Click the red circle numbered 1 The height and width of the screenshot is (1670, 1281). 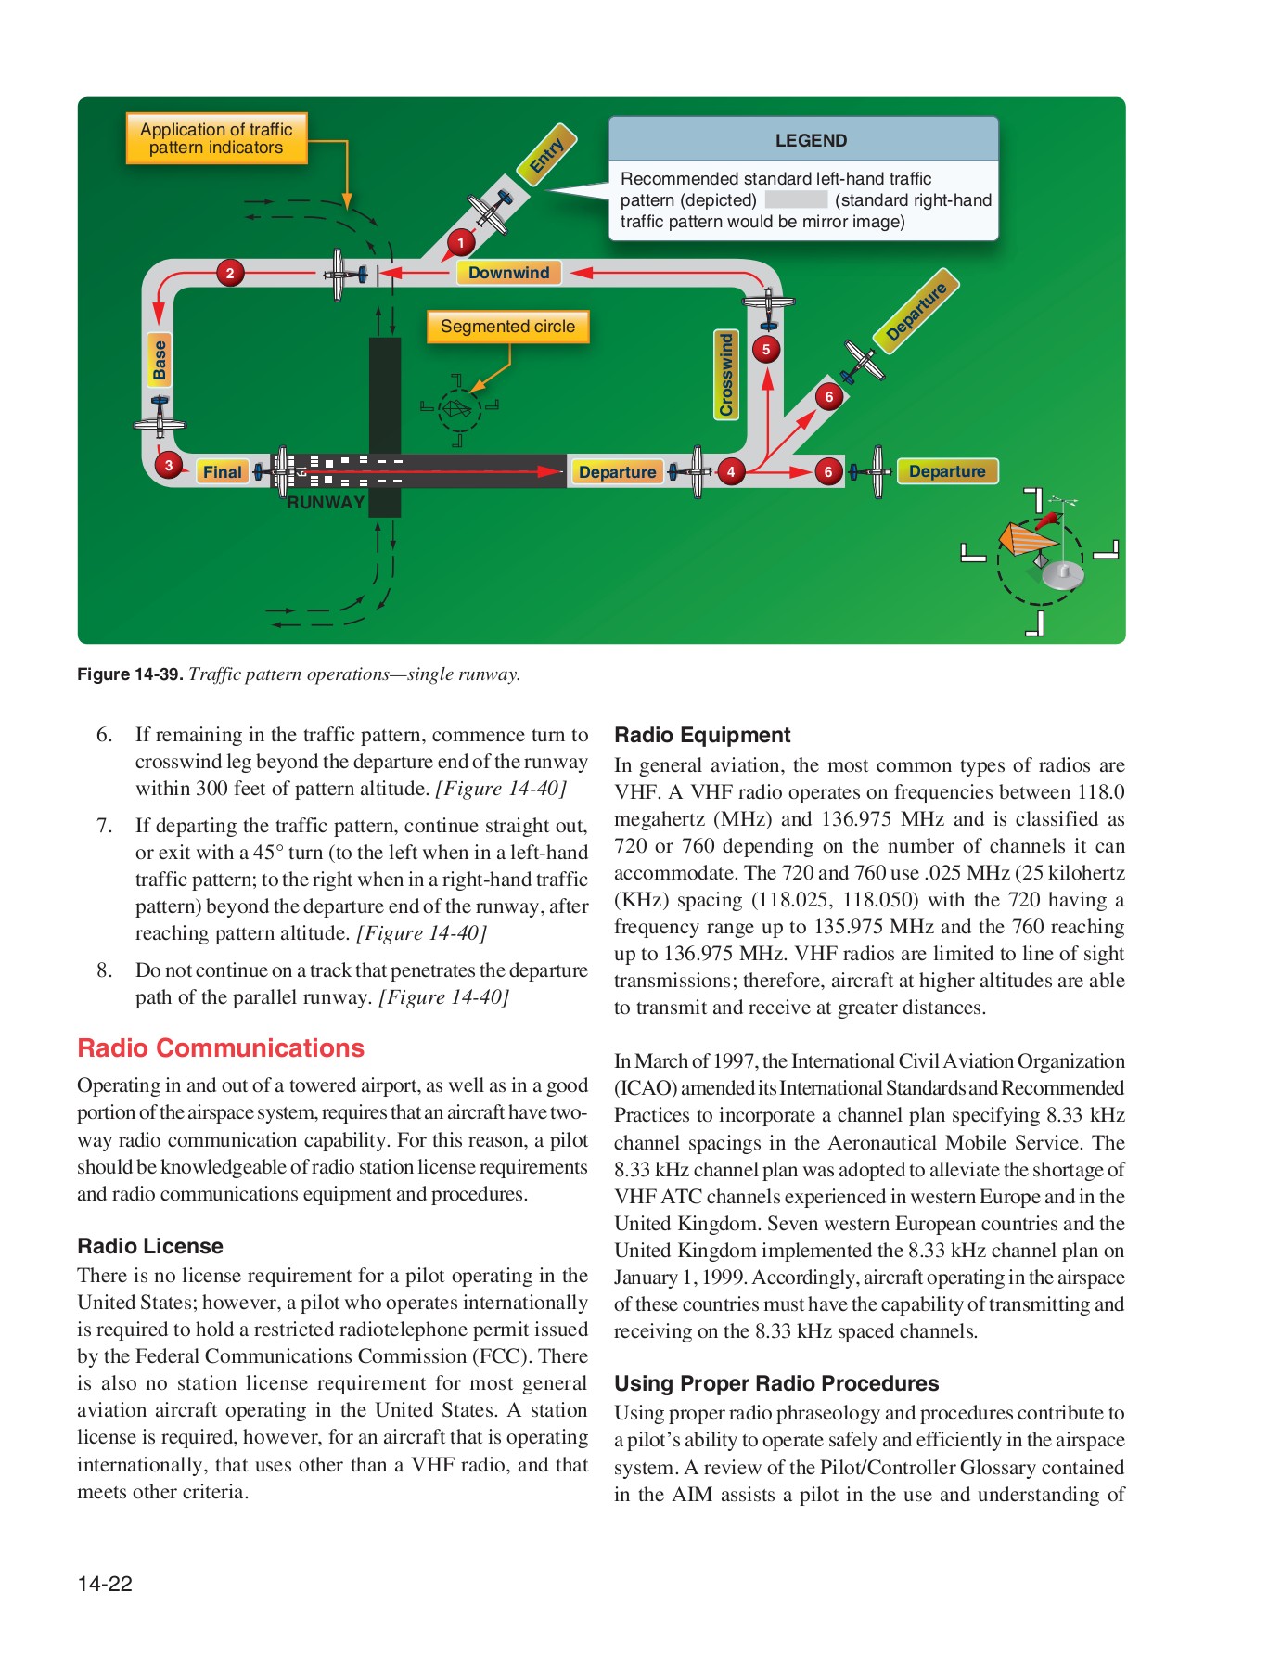pos(461,242)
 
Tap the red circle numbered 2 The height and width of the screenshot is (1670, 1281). pos(230,273)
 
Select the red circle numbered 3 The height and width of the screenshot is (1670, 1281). pos(168,465)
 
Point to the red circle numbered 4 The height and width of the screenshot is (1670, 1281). pos(731,471)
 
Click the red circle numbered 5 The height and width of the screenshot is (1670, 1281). pos(766,350)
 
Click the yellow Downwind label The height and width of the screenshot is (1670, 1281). pos(508,273)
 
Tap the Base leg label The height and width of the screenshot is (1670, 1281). pos(160,360)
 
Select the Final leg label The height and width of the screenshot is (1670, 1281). pos(222,471)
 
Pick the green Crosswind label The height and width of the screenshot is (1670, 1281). pos(726,375)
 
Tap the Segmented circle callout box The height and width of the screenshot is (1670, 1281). pos(507,327)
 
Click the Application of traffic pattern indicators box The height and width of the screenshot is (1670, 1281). pos(216,138)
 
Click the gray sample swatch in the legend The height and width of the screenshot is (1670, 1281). pos(796,200)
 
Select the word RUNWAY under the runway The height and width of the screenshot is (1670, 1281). pos(326,503)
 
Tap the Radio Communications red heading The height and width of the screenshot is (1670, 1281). pos(221,1048)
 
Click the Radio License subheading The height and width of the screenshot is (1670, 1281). pos(150,1246)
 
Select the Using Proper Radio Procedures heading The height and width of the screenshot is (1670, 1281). pos(776,1383)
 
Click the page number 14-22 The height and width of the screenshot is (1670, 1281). pos(105,1584)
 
